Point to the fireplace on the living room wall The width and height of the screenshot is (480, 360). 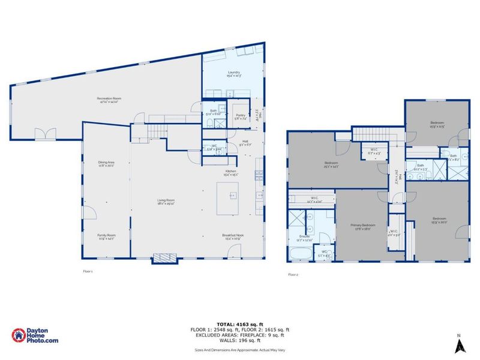(163, 259)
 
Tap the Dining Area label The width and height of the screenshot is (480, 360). (107, 163)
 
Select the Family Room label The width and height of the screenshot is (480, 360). (107, 236)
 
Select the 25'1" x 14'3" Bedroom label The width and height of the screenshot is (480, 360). (331, 164)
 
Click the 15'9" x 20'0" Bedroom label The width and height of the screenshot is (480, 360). (439, 219)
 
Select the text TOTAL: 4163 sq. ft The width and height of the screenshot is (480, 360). (240, 324)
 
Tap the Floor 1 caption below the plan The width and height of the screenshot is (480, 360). (88, 271)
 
